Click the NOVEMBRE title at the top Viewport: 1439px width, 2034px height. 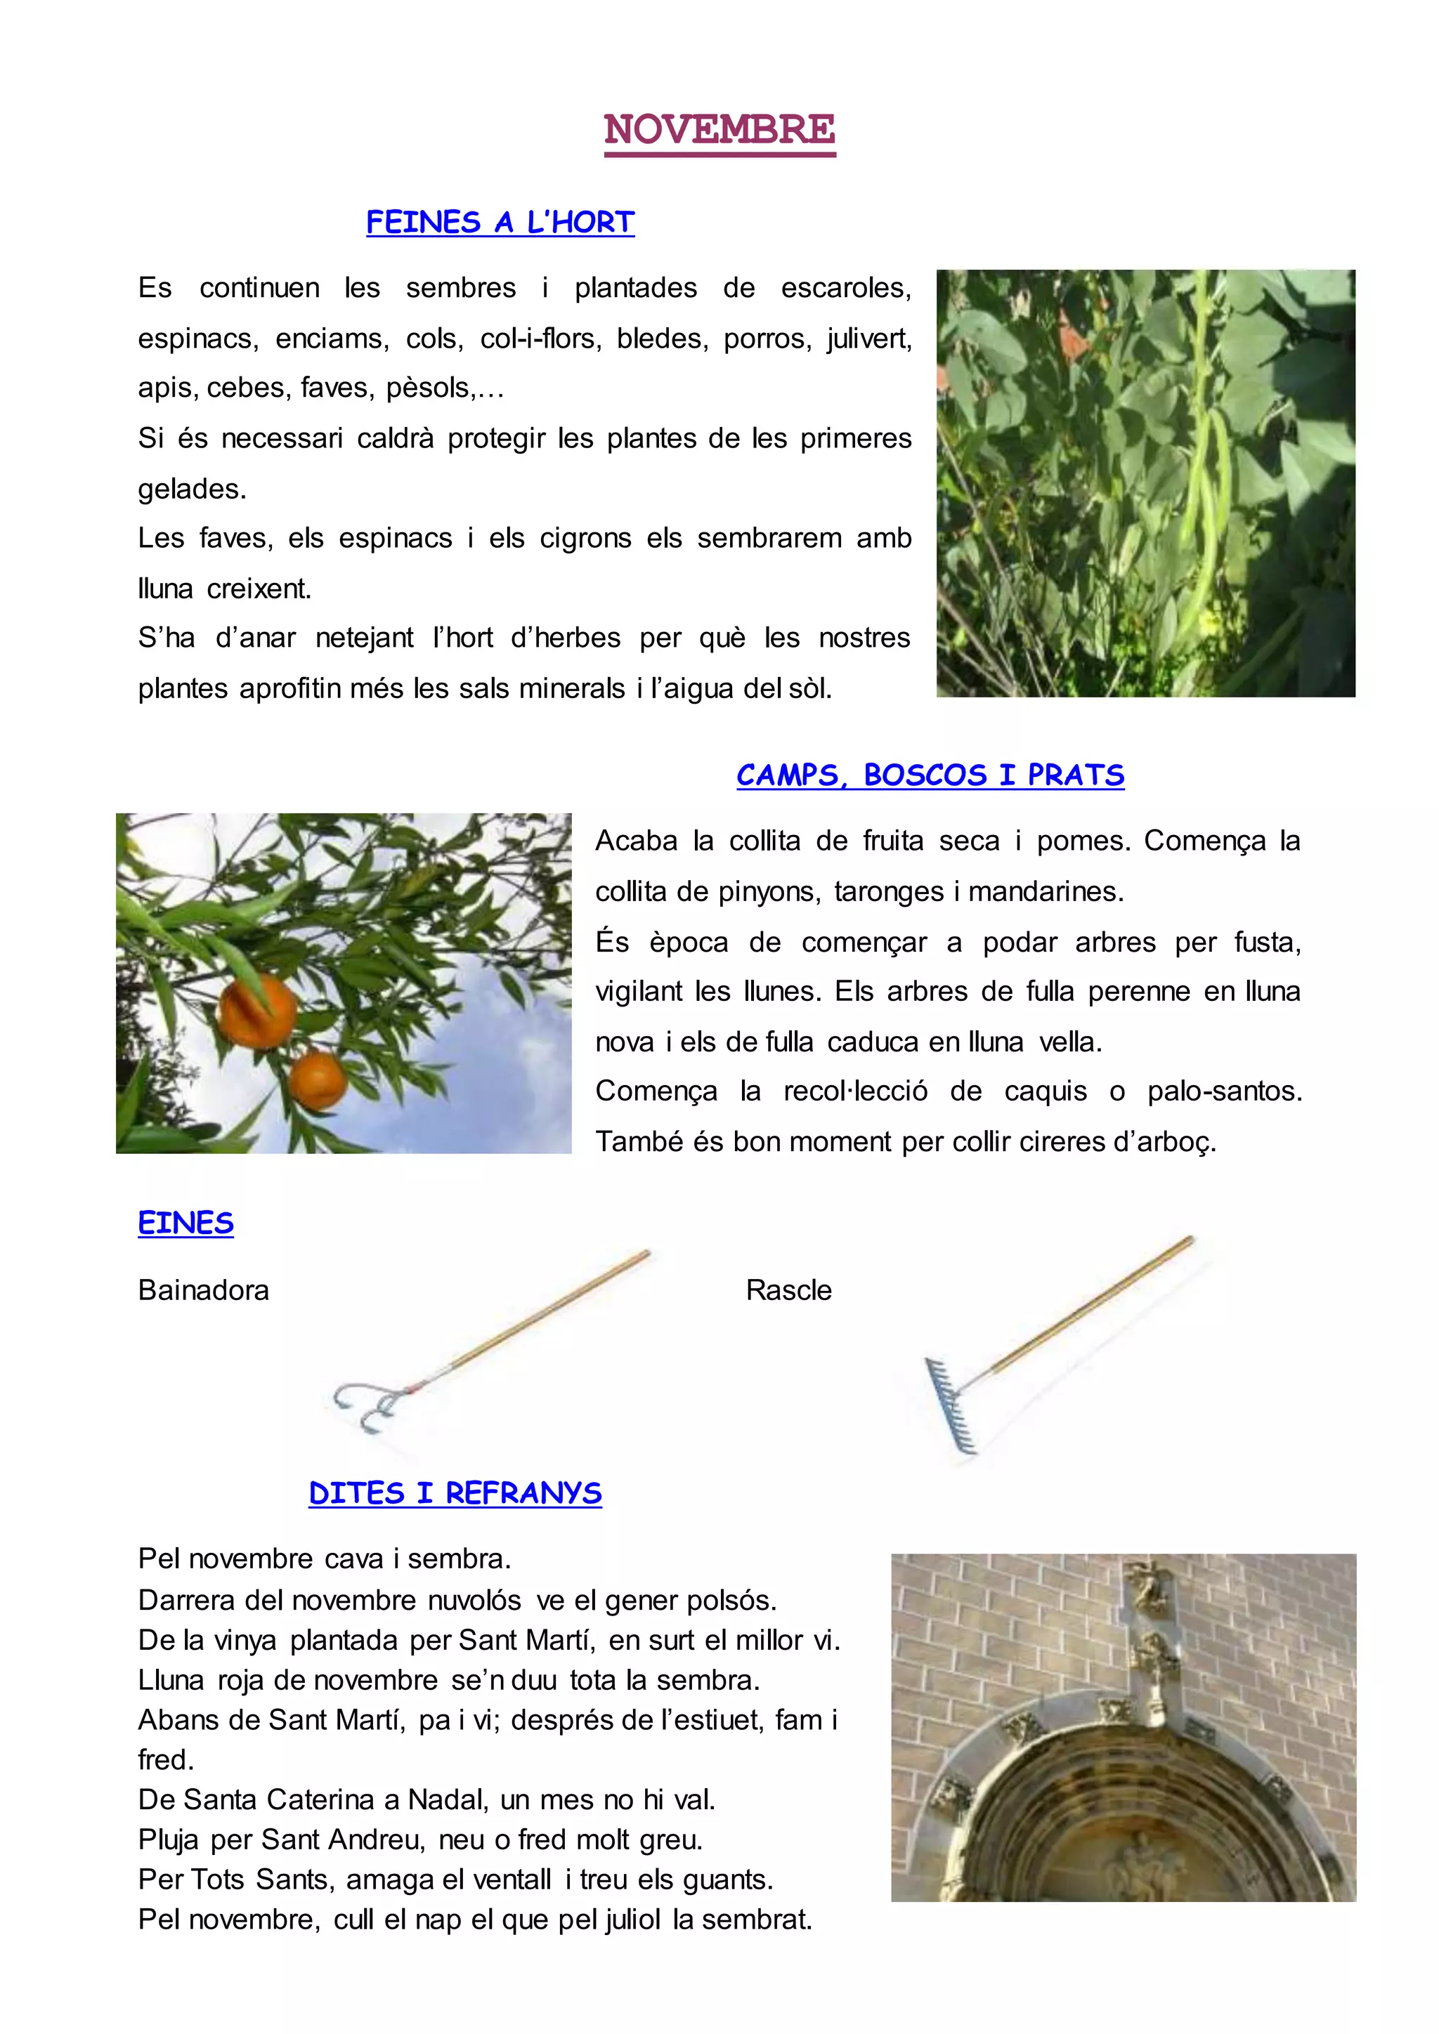(x=719, y=129)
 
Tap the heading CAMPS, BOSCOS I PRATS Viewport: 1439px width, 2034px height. (x=930, y=775)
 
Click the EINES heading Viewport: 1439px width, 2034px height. (x=186, y=1223)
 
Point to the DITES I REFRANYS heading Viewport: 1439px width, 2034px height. (x=455, y=1492)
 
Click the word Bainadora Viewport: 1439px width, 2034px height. (x=204, y=1290)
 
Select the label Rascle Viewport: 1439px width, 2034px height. (x=788, y=1290)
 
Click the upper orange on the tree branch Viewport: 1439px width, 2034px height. (x=258, y=1010)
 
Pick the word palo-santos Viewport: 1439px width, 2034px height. (x=1225, y=1091)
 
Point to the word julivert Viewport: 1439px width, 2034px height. (x=869, y=339)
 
